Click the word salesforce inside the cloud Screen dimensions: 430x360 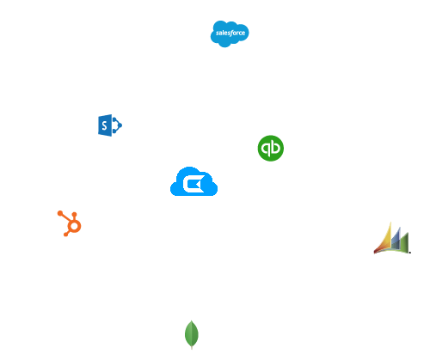click(230, 33)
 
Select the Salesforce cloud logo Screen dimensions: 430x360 click(230, 34)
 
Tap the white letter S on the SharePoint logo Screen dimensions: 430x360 click(104, 125)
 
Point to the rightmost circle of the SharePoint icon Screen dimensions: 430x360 click(120, 125)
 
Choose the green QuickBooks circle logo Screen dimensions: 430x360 click(271, 148)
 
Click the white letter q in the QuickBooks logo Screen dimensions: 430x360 click(267, 149)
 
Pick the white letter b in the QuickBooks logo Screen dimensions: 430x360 click(275, 147)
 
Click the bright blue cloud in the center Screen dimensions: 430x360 click(193, 181)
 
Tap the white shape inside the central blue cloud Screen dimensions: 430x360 click(193, 184)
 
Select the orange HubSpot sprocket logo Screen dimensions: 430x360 click(70, 223)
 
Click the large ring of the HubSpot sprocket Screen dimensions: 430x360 click(75, 226)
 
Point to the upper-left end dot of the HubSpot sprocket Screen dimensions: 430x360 click(60, 213)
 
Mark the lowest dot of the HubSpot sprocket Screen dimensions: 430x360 click(65, 235)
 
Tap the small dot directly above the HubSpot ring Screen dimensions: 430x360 click(75, 214)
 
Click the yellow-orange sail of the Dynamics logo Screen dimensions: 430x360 click(384, 240)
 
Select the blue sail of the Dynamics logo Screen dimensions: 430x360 click(396, 239)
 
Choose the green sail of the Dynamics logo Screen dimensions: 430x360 click(404, 243)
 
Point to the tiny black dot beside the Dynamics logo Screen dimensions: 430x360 click(410, 253)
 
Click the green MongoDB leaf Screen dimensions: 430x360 click(192, 333)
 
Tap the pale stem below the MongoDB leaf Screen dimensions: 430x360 click(192, 348)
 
